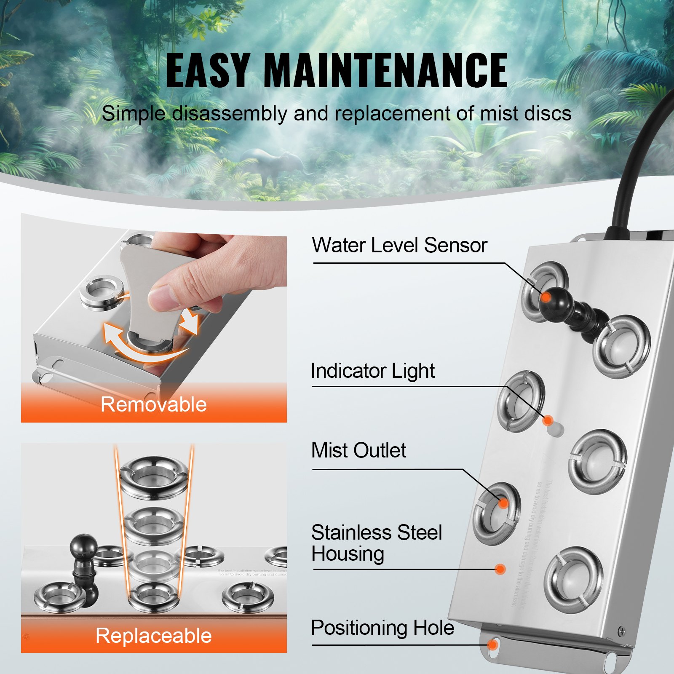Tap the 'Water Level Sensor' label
[x=399, y=245]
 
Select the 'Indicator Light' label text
[x=372, y=371]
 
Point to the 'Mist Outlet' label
[x=358, y=450]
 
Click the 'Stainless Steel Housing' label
[x=376, y=543]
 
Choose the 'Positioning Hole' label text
[x=382, y=628]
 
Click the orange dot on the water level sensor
[x=546, y=297]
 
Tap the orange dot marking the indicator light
[x=548, y=420]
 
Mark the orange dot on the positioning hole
[x=492, y=645]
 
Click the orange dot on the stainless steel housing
[x=500, y=569]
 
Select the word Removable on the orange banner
[x=154, y=404]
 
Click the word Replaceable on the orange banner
[x=154, y=636]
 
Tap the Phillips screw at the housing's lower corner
[x=621, y=631]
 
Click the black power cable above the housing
[x=636, y=168]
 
